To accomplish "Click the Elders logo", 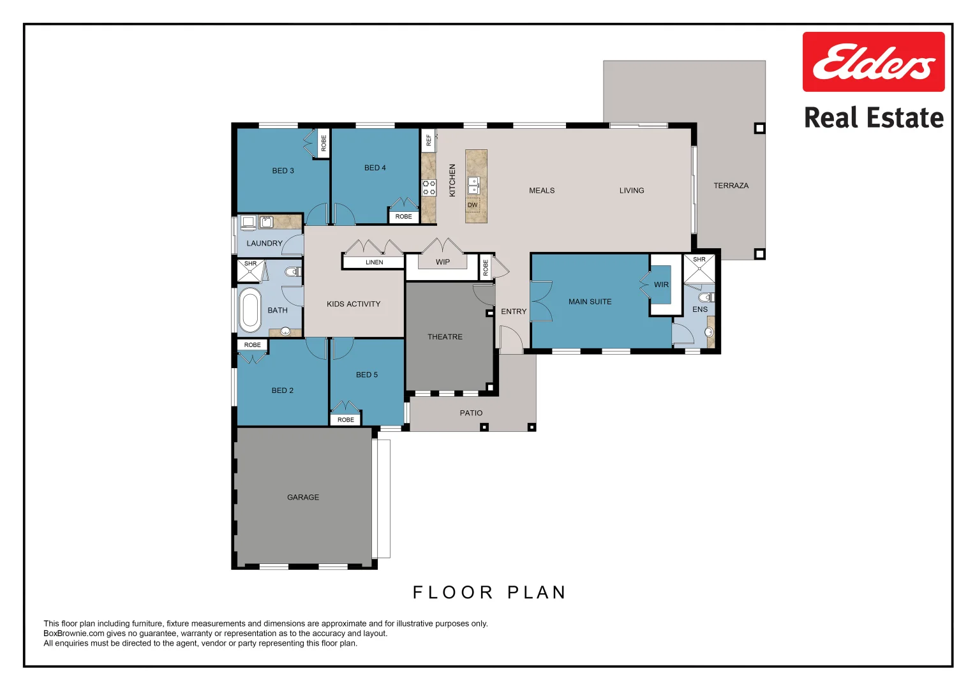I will click(873, 62).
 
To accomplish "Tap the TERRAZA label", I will click(731, 186).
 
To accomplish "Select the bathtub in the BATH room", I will click(249, 310).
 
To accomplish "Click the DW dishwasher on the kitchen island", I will click(472, 205).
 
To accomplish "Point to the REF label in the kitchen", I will click(429, 140).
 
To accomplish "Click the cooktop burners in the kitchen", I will click(429, 188).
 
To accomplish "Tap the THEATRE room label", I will click(445, 337).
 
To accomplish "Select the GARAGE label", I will click(303, 497).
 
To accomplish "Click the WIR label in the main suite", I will click(661, 285).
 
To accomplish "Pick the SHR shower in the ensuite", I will click(699, 269).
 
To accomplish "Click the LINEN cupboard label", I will click(374, 262).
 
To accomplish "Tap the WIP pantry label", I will click(443, 262).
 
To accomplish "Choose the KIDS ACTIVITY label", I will click(354, 304).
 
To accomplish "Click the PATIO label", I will click(471, 413).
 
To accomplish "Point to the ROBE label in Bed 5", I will click(346, 420).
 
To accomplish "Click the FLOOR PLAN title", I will click(489, 593).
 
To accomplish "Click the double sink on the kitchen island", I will click(473, 185).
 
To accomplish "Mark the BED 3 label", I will click(283, 171).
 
